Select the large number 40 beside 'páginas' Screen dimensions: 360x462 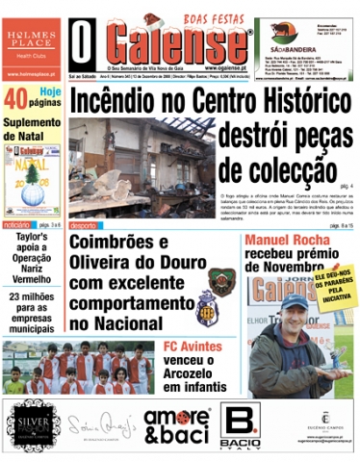[16, 98]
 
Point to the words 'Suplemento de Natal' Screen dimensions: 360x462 [32, 130]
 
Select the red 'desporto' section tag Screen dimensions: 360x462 [83, 225]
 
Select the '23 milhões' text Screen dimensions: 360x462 [32, 296]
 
